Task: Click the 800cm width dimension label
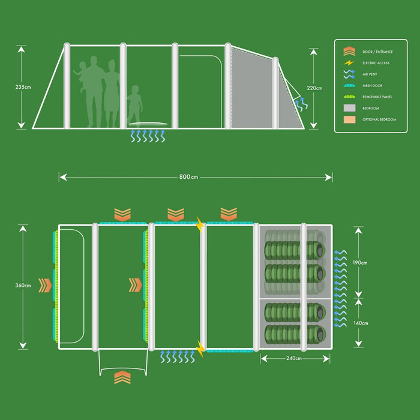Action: click(188, 177)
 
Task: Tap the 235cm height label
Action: click(23, 88)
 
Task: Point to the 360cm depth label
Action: click(23, 286)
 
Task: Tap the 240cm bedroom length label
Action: click(293, 359)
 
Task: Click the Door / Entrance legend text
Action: click(377, 52)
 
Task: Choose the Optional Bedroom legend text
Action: click(379, 119)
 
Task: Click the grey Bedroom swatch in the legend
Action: click(349, 108)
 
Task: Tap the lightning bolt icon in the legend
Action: click(349, 63)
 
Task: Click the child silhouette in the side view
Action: click(134, 106)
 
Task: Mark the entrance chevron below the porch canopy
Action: click(122, 377)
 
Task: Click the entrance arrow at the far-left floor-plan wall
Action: click(44, 285)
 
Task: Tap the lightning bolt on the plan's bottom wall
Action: click(200, 347)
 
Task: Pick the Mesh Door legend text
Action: click(373, 86)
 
